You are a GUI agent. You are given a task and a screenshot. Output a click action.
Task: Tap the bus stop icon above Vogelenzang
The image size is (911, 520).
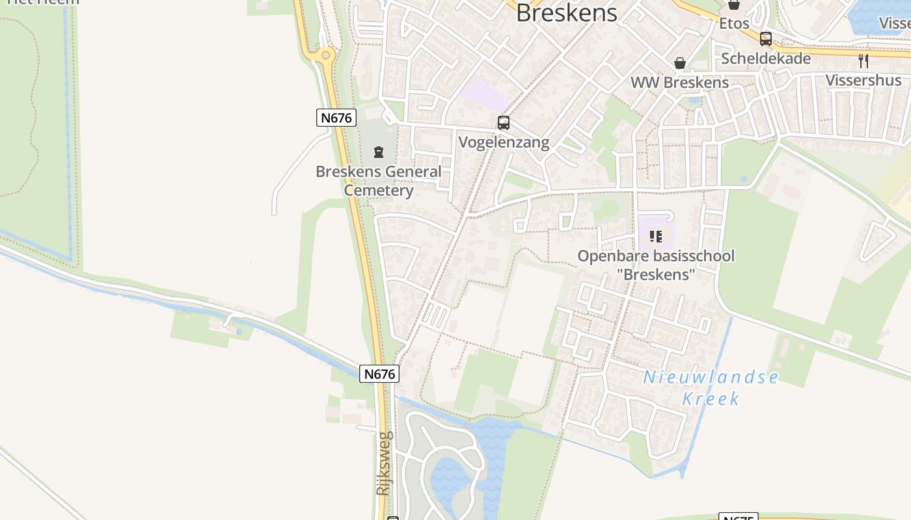coord(504,122)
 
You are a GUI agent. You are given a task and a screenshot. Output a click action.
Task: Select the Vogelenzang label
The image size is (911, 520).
coord(504,142)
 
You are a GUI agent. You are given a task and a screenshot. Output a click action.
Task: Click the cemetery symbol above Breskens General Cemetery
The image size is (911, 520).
coord(378,152)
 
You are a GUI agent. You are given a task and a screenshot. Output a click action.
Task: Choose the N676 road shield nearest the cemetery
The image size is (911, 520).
coord(336,118)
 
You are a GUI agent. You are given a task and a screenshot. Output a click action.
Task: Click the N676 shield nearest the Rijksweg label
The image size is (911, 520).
coord(379,374)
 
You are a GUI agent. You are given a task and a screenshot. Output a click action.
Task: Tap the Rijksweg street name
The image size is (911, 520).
coord(384,463)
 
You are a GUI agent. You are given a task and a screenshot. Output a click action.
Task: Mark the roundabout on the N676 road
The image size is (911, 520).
coord(326,56)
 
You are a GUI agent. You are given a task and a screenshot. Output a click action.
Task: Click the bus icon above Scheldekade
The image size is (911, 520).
coord(766,38)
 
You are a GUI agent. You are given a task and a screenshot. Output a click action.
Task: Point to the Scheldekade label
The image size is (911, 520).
coord(766,58)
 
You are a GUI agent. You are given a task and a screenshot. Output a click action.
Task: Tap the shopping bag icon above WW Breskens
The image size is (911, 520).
coord(680,63)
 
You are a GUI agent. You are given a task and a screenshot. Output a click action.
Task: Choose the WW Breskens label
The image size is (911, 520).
coord(680,83)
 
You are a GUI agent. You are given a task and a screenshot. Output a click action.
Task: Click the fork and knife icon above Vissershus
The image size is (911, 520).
coord(863,61)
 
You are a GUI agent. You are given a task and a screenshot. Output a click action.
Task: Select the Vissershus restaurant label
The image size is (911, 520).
coord(863,80)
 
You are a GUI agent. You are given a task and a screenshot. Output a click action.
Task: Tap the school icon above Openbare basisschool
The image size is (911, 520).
coord(656,237)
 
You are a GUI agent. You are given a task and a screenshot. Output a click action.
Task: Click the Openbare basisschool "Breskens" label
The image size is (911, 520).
coord(656,265)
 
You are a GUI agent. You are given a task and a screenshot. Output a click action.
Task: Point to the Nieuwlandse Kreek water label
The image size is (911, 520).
coord(711,387)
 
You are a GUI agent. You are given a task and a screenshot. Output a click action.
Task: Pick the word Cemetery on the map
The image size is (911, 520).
coord(378,190)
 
